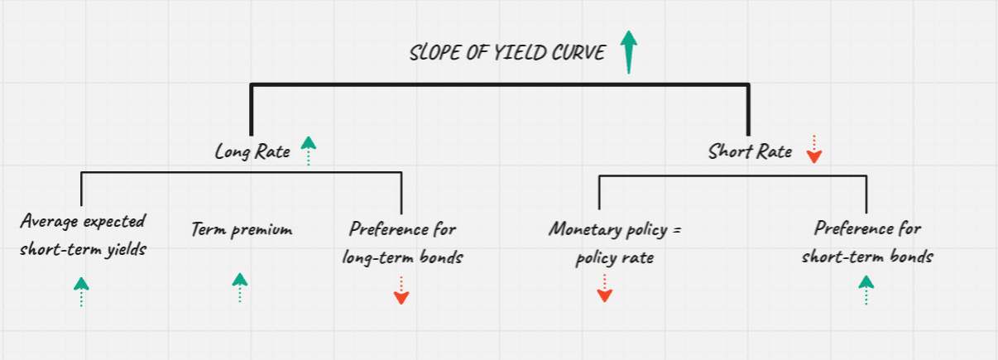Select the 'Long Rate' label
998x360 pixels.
coord(252,151)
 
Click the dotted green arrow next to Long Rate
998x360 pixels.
coord(308,151)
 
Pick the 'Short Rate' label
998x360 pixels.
coord(750,151)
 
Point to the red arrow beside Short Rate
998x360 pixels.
coord(813,149)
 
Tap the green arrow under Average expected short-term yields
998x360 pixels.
coord(81,291)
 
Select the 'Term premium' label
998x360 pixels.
coord(241,228)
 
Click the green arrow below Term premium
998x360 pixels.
coord(240,286)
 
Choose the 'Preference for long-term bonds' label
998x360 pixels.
coord(403,242)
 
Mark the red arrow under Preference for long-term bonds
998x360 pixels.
coord(401,290)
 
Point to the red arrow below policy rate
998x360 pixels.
coord(604,288)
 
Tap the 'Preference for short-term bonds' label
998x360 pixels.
coord(867,242)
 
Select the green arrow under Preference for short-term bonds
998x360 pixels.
coord(866,290)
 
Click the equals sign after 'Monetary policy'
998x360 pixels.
coord(675,228)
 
